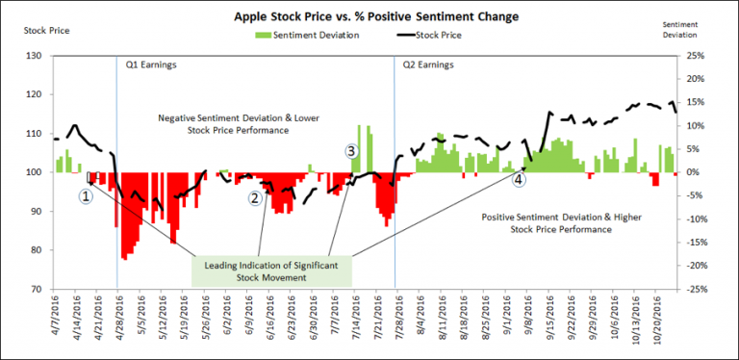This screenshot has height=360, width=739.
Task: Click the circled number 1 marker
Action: (x=86, y=194)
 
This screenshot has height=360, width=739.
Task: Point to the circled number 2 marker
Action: (x=255, y=197)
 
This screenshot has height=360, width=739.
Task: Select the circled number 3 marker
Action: (x=351, y=151)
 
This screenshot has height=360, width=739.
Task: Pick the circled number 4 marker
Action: (x=520, y=179)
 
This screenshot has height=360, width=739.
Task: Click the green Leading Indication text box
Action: (x=269, y=270)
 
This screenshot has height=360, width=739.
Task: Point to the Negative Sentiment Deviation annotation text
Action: (x=224, y=122)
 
